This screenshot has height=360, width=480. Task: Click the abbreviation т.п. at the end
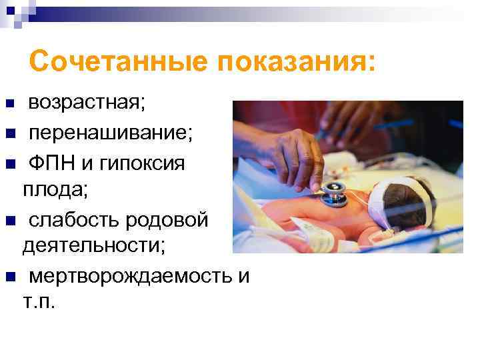tap(40, 303)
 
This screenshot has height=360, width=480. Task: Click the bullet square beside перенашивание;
tap(9, 133)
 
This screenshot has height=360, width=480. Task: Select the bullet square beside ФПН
tap(9, 163)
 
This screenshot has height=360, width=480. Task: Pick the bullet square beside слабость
tap(9, 219)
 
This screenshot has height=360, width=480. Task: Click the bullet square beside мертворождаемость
tap(9, 276)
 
